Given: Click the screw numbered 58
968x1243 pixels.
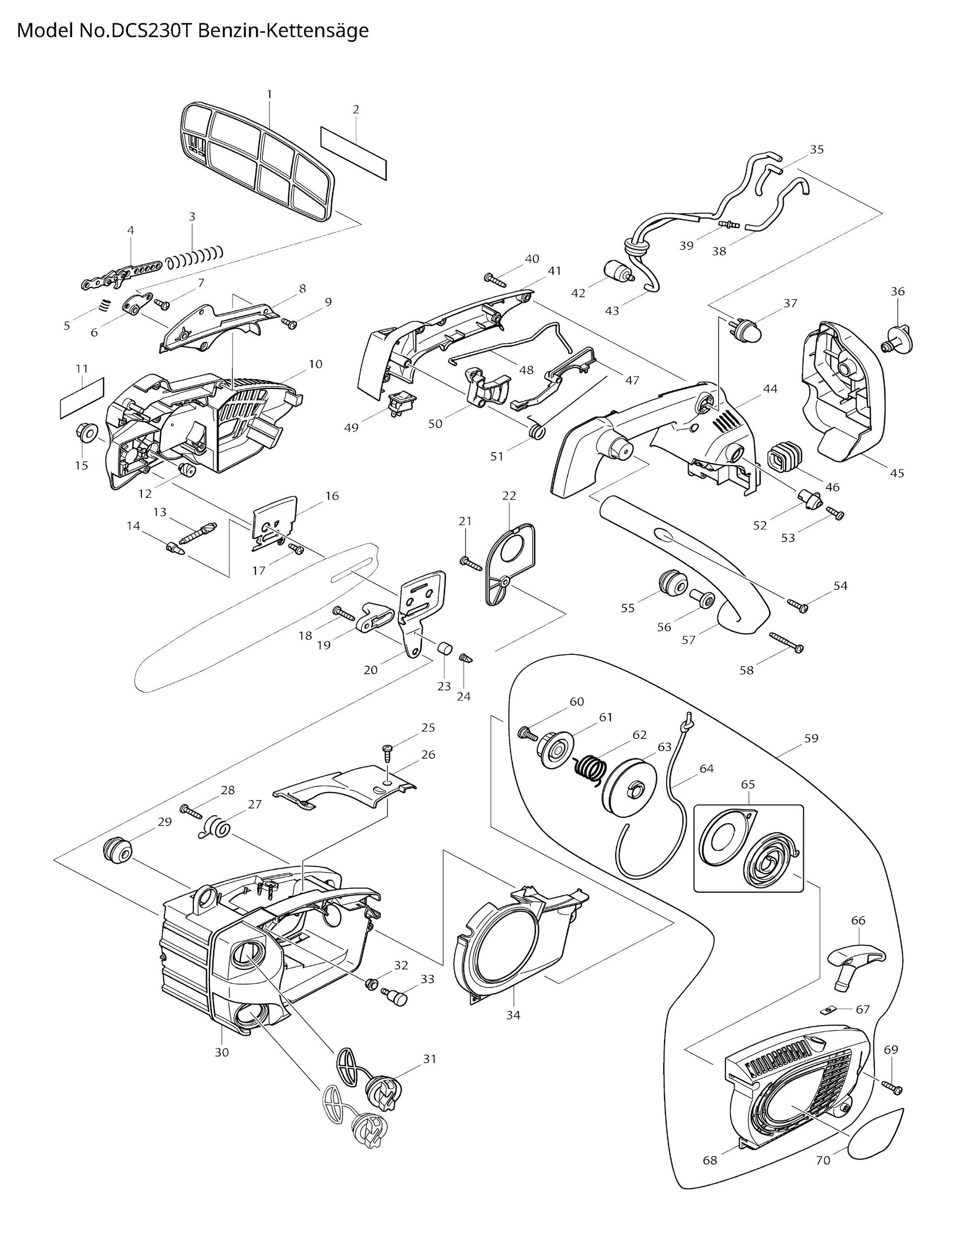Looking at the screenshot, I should tap(785, 641).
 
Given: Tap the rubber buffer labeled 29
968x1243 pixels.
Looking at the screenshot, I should tap(117, 851).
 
